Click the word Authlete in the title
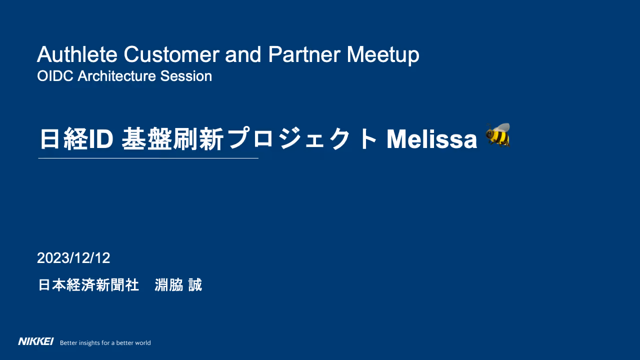[x=77, y=54]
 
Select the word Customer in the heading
[x=171, y=54]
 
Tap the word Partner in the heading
[x=304, y=54]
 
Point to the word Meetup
[x=383, y=55]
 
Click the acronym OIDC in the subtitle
[x=55, y=76]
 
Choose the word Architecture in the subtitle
[x=116, y=76]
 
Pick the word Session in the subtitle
[x=186, y=76]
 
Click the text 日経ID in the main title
[x=76, y=139]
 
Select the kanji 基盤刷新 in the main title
[x=172, y=139]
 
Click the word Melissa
[x=431, y=139]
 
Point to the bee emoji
[x=498, y=135]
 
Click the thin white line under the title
[x=148, y=158]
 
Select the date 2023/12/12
[x=73, y=258]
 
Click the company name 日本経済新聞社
[x=88, y=285]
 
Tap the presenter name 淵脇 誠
[x=178, y=285]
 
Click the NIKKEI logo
[x=35, y=341]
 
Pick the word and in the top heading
[x=243, y=54]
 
